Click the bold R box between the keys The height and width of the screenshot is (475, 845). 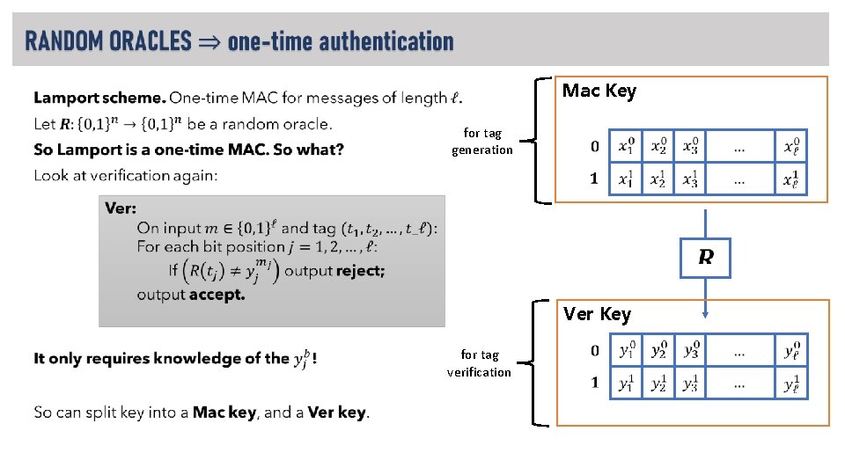click(706, 258)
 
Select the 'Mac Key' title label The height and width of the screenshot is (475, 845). click(599, 91)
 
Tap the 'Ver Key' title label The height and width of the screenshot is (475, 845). click(597, 314)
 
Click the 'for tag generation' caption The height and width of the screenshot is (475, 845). click(481, 141)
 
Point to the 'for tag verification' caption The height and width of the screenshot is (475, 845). click(479, 363)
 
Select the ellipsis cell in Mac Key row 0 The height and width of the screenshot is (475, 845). click(738, 146)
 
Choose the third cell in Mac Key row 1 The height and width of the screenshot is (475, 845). click(690, 179)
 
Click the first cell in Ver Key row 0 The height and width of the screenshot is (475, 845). click(626, 350)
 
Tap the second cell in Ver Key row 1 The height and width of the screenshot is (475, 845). click(658, 383)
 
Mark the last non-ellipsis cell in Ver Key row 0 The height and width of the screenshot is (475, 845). click(791, 350)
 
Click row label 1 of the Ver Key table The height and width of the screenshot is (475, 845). click(594, 383)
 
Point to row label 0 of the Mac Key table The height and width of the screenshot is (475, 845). click(594, 146)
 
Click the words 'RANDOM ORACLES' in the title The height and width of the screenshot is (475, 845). click(108, 40)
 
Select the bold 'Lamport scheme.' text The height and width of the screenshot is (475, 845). click(99, 98)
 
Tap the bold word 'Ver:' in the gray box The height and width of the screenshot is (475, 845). click(120, 208)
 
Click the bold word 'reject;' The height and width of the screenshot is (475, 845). click(360, 270)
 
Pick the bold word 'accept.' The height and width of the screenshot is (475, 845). click(217, 295)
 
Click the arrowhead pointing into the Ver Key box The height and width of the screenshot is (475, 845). click(706, 311)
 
